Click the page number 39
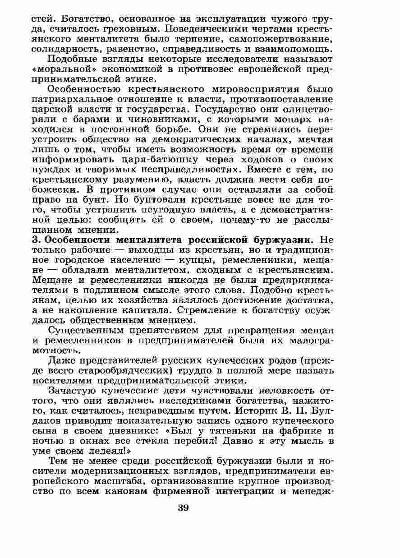[183, 508]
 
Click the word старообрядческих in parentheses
[107, 370]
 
